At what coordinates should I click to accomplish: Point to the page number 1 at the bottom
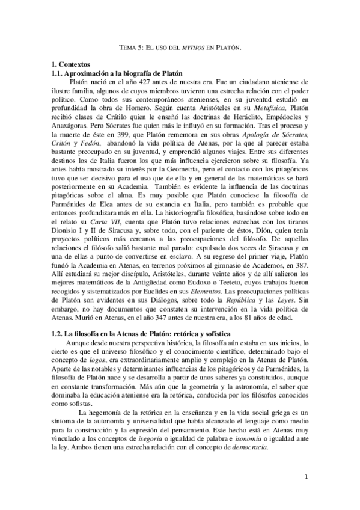pos(307,479)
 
